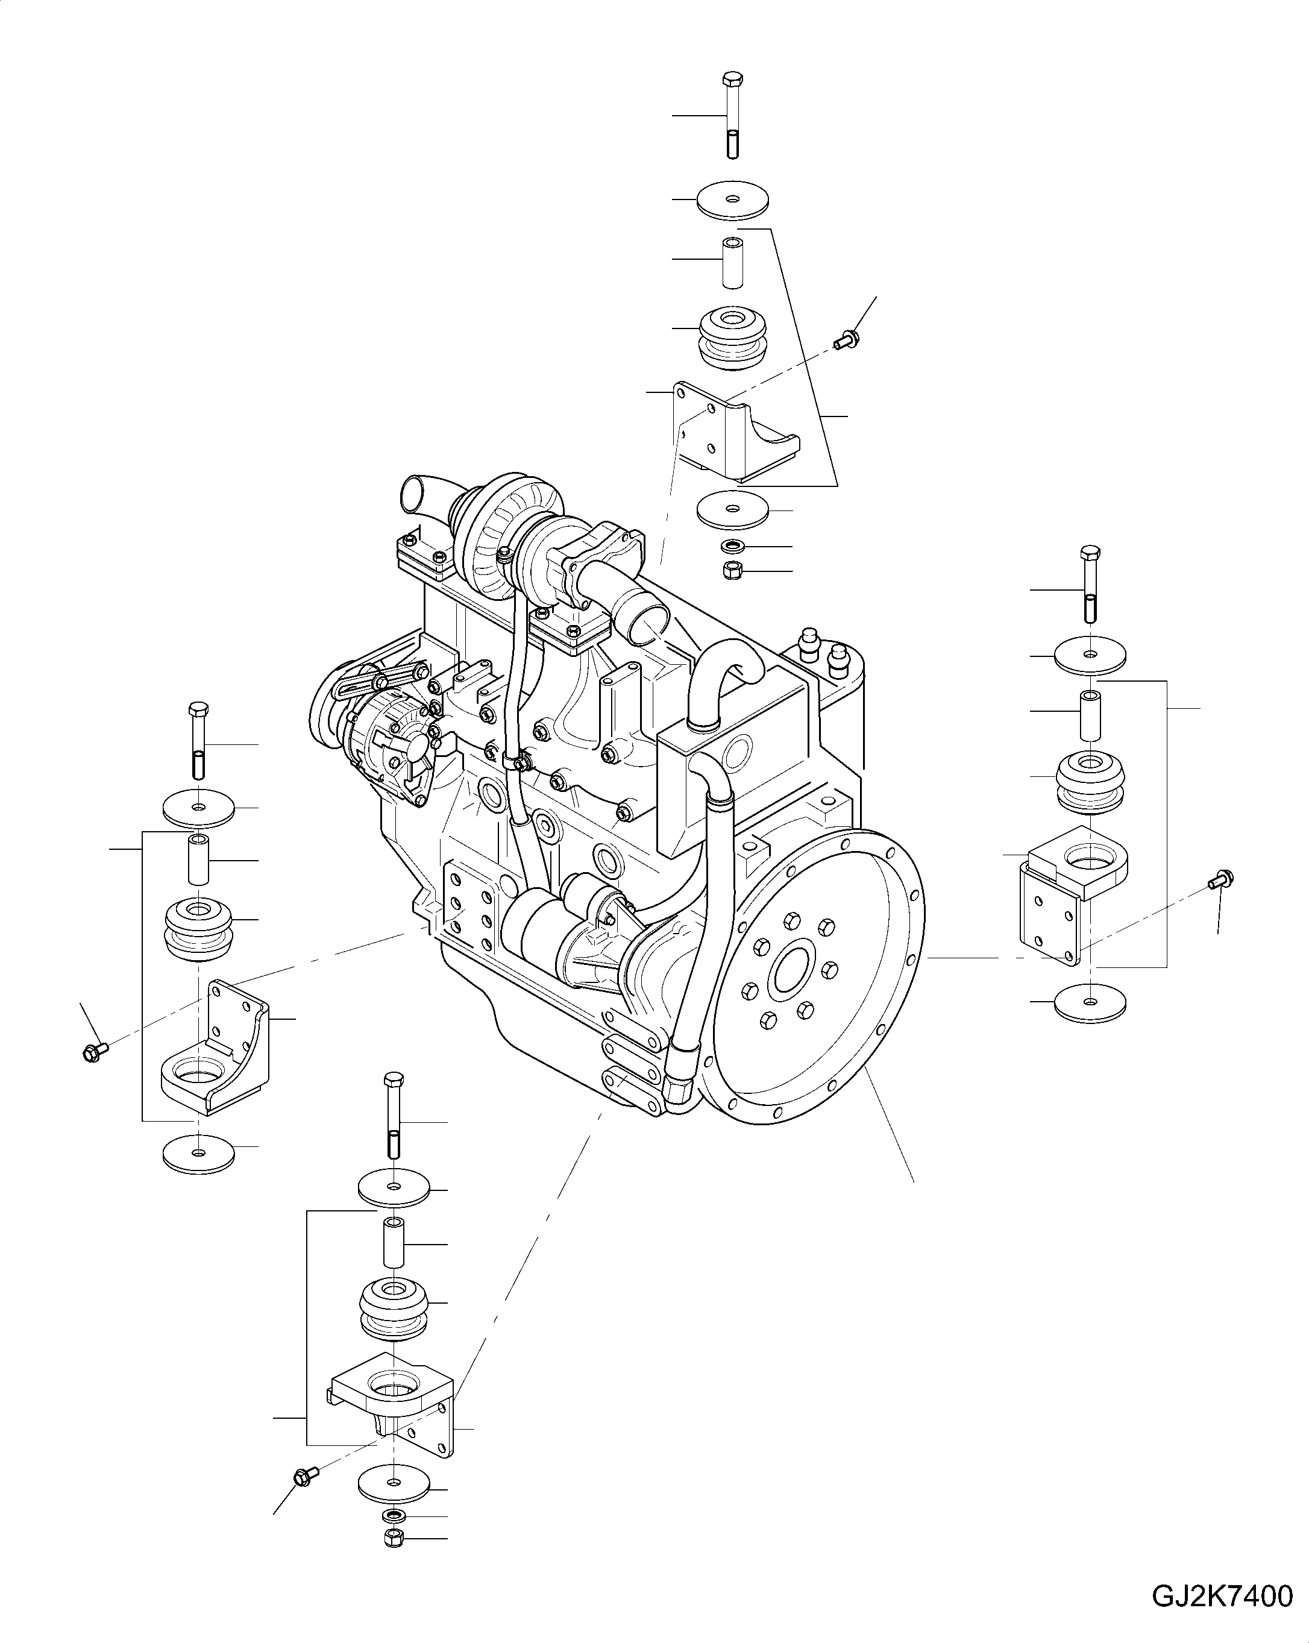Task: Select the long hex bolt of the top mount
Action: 732,115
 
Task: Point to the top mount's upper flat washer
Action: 732,199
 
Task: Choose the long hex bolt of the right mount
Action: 1090,585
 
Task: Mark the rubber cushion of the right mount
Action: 1090,781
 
